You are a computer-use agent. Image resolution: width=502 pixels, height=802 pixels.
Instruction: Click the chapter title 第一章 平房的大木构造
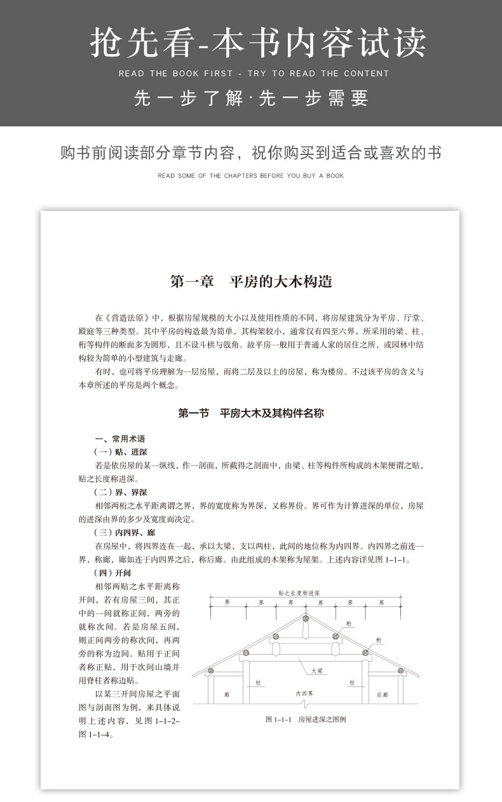click(x=251, y=281)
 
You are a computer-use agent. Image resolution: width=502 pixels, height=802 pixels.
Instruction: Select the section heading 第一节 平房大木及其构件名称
click(x=251, y=413)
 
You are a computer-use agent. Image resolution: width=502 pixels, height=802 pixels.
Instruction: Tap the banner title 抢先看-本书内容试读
click(x=251, y=43)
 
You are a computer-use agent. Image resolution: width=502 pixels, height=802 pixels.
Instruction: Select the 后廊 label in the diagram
click(x=382, y=695)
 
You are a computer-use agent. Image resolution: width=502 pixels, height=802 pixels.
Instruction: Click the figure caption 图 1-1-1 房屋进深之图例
click(x=306, y=719)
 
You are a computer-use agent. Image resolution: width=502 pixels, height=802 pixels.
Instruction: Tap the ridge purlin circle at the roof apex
click(x=306, y=618)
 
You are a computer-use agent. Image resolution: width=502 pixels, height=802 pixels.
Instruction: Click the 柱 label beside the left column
click(x=258, y=683)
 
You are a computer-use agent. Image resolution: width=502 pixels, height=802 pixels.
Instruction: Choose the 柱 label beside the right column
click(x=351, y=683)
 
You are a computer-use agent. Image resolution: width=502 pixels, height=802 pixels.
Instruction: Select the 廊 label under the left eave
click(x=226, y=695)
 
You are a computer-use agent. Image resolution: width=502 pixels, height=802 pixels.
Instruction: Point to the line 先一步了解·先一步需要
click(x=251, y=98)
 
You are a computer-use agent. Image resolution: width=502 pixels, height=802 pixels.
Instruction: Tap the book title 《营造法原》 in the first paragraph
click(x=130, y=317)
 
